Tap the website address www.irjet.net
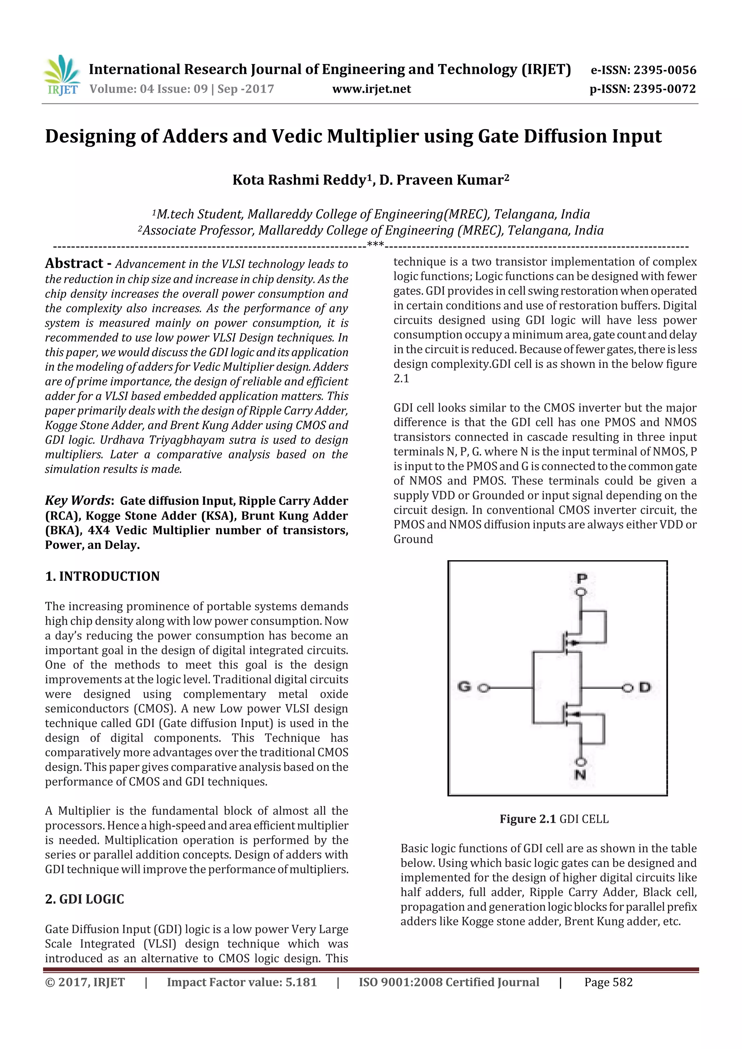(x=371, y=89)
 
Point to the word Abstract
(x=74, y=264)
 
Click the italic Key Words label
(x=78, y=500)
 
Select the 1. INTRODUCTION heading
(x=103, y=576)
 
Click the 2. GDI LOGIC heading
(x=84, y=899)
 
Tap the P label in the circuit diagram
(x=581, y=578)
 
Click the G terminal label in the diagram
(x=464, y=686)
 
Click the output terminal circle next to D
(x=628, y=688)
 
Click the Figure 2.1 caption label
(x=527, y=819)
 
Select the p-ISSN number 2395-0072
(x=664, y=89)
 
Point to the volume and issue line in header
(x=182, y=89)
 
